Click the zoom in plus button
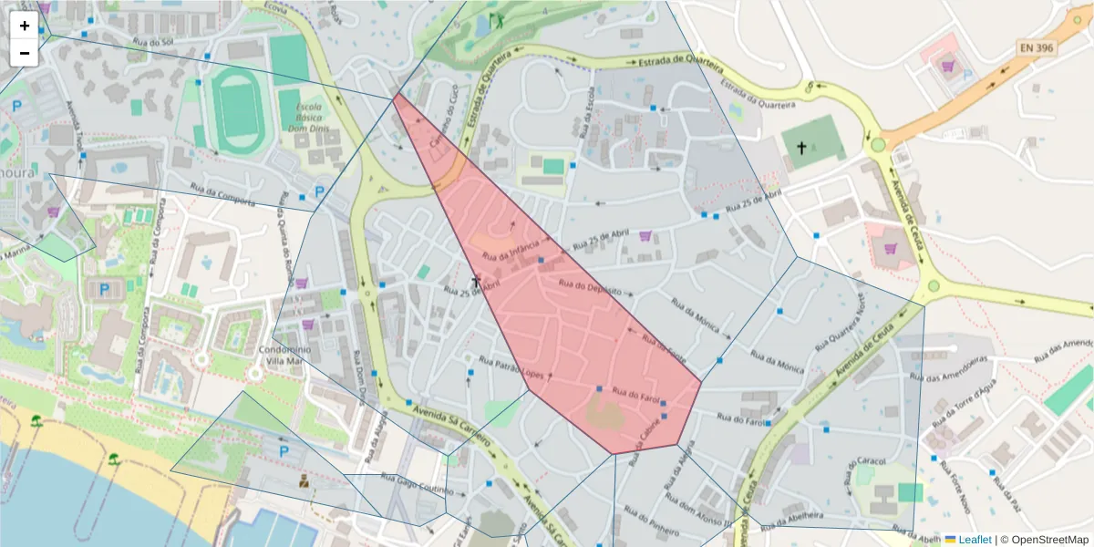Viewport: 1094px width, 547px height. [x=25, y=26]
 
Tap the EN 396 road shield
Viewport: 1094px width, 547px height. [x=1037, y=46]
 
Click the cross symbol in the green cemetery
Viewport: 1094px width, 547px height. [x=801, y=147]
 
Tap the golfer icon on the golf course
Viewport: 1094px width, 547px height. [x=496, y=18]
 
